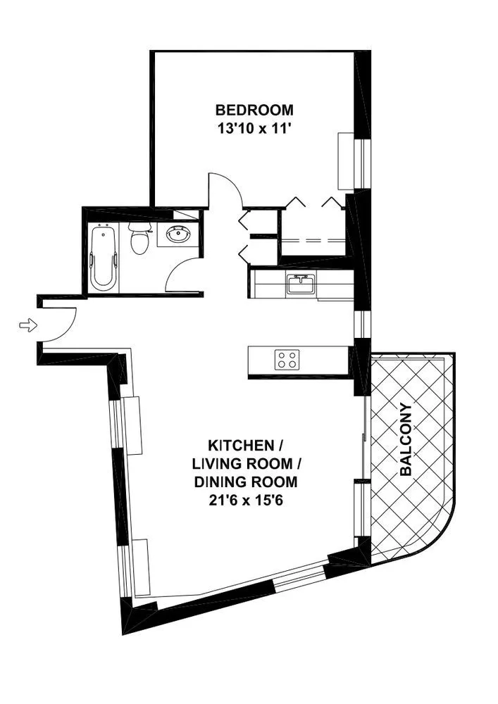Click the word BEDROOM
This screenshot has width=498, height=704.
[254, 111]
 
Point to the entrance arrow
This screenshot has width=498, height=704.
[27, 325]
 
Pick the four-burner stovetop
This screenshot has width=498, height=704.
[287, 360]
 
